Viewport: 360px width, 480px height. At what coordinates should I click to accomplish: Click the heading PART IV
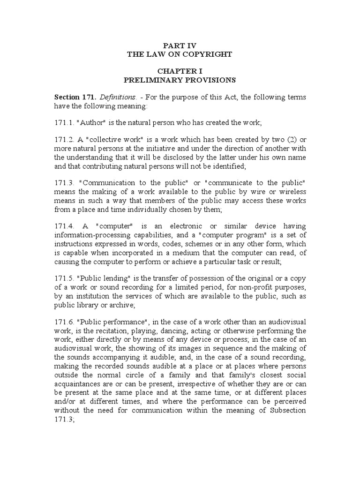180,45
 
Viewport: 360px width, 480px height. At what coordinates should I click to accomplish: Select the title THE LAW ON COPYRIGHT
180,54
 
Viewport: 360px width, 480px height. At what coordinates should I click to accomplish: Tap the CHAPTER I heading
180,71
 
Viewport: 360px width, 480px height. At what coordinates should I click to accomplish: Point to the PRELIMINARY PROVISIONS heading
180,80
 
